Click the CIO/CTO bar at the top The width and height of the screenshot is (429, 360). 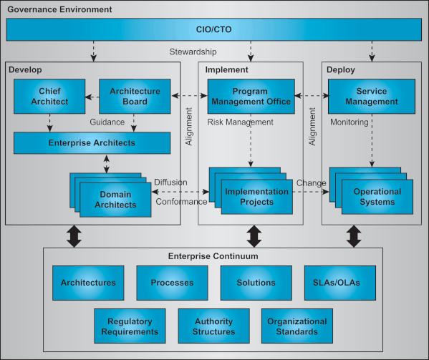click(214, 30)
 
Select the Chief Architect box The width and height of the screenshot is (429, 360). click(49, 96)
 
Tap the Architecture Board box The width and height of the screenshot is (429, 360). click(134, 96)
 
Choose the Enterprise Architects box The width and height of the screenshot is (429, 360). click(92, 143)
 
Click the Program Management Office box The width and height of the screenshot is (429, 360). click(251, 96)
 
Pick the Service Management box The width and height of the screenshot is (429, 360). click(371, 96)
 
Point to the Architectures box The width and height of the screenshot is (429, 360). click(88, 283)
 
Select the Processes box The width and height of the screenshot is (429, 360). click(172, 283)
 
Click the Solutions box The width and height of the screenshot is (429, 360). click(256, 283)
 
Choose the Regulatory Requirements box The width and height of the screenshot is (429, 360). click(130, 326)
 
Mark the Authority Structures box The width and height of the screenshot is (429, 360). click(213, 326)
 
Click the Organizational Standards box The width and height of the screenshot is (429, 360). click(297, 326)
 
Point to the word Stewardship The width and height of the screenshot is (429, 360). click(193, 52)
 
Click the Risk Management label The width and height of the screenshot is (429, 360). click(240, 122)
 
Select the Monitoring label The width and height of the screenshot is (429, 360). click(349, 122)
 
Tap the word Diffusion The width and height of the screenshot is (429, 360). click(170, 182)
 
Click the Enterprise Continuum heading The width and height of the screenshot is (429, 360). click(213, 256)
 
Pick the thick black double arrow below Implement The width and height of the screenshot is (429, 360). click(253, 235)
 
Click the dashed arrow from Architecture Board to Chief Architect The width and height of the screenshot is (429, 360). click(92, 96)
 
